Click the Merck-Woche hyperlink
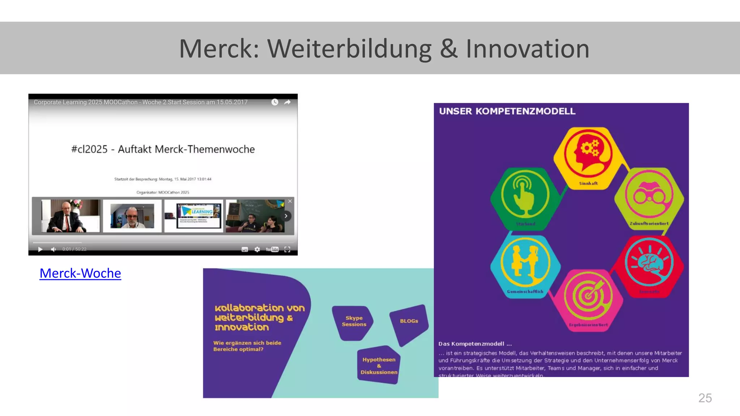click(x=80, y=273)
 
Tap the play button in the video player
click(x=40, y=249)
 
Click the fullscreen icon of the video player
click(x=287, y=249)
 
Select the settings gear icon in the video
click(x=257, y=249)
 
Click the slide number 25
click(x=705, y=398)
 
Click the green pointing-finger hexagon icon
click(x=525, y=195)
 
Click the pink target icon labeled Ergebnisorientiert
click(x=588, y=296)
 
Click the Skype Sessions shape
click(x=353, y=322)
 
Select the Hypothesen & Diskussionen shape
click(x=379, y=365)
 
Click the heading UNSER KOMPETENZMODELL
click(x=507, y=111)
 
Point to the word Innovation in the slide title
click(x=528, y=49)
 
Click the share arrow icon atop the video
click(x=287, y=102)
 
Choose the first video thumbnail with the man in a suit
click(x=70, y=216)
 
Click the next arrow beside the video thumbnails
click(x=286, y=216)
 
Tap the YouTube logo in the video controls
click(x=272, y=249)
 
